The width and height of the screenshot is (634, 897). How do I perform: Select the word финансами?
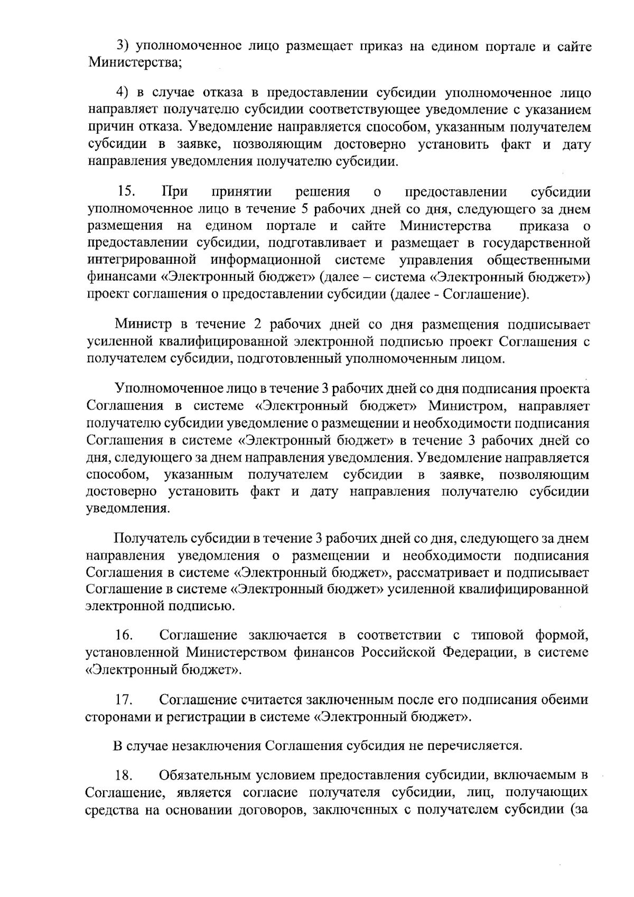click(x=113, y=277)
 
